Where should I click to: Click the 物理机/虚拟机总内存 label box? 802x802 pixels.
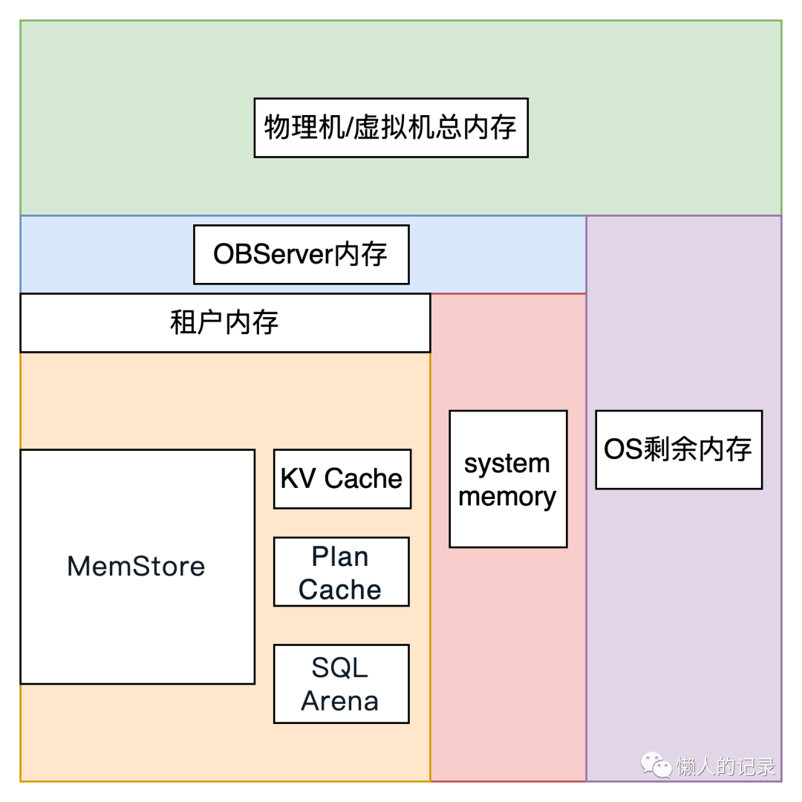point(391,128)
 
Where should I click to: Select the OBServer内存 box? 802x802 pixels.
point(301,255)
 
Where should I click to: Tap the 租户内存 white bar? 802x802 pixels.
point(224,323)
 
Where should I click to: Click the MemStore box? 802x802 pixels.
point(137,567)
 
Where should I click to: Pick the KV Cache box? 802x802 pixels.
point(342,479)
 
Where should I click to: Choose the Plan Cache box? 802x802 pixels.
point(341,573)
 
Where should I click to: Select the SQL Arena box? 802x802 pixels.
point(341,684)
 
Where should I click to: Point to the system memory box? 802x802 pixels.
point(508,480)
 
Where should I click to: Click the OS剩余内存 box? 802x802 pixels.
point(679,449)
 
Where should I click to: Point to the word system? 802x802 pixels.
point(507,464)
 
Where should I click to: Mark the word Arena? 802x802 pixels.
point(340,701)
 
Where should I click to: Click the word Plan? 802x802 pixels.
point(340,556)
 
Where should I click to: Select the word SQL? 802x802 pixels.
point(339,668)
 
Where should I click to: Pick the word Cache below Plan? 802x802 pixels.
point(340,590)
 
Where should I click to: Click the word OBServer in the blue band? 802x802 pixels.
point(272,255)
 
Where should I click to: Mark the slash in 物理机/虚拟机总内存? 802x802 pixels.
point(348,128)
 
